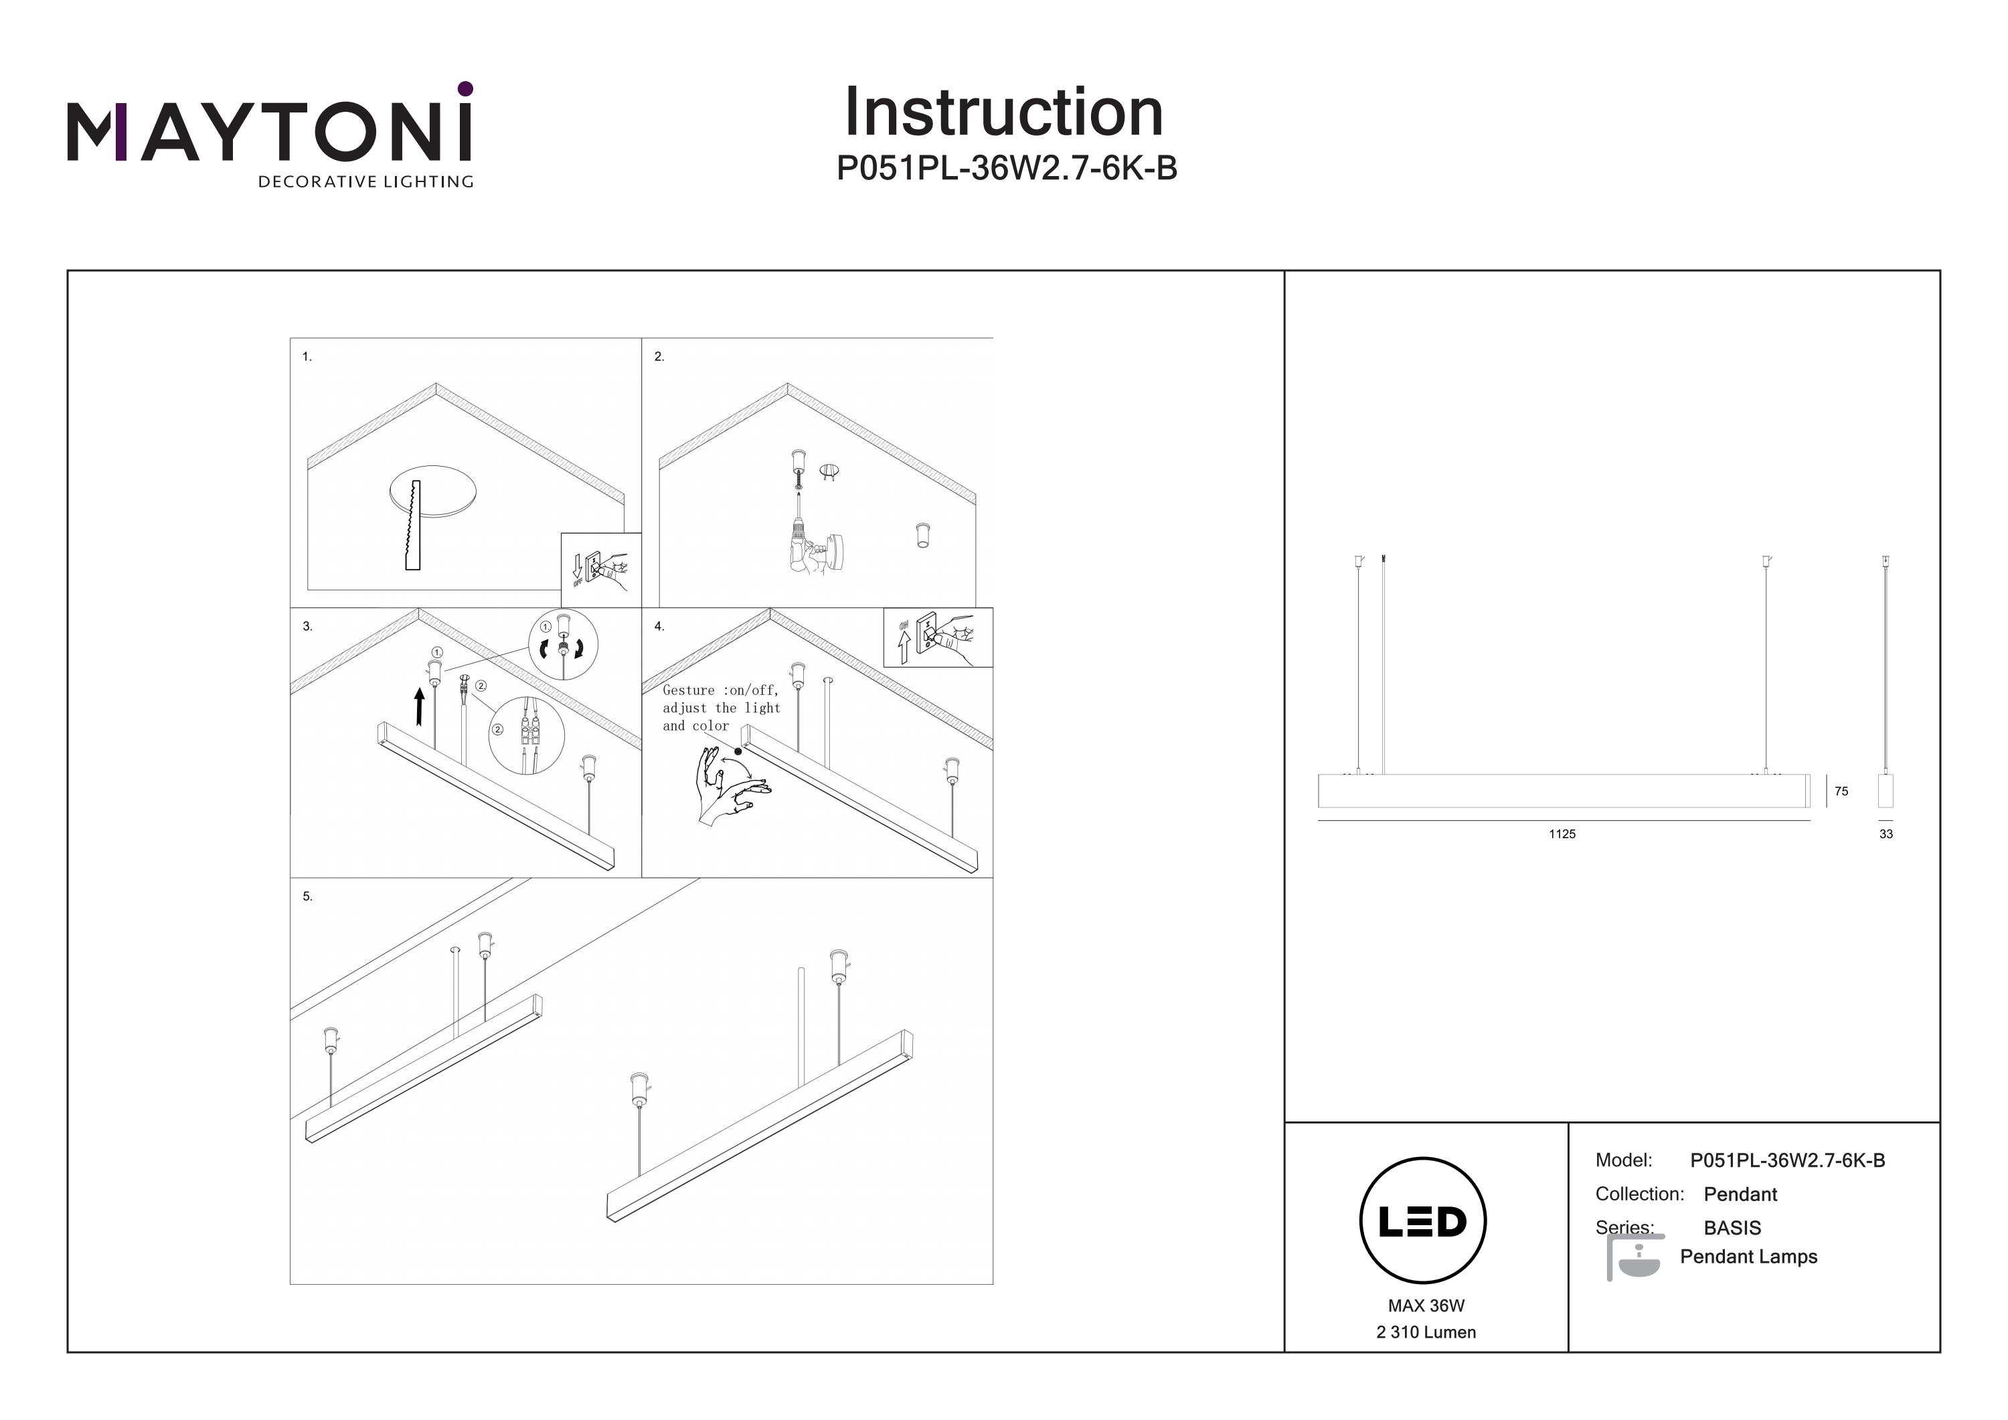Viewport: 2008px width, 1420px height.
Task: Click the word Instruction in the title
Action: coord(1003,113)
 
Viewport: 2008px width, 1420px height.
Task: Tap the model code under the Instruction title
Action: coord(1006,168)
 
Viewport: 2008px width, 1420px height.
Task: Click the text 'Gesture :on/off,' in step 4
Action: coord(720,690)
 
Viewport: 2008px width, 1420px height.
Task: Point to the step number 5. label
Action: coord(307,896)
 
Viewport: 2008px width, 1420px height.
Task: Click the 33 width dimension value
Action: coord(1886,834)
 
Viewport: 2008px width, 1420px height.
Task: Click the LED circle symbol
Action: coord(1423,1220)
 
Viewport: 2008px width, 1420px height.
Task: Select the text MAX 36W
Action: coord(1426,1306)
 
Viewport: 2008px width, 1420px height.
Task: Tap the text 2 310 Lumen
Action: coord(1426,1332)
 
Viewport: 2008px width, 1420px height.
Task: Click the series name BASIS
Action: coord(1732,1227)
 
